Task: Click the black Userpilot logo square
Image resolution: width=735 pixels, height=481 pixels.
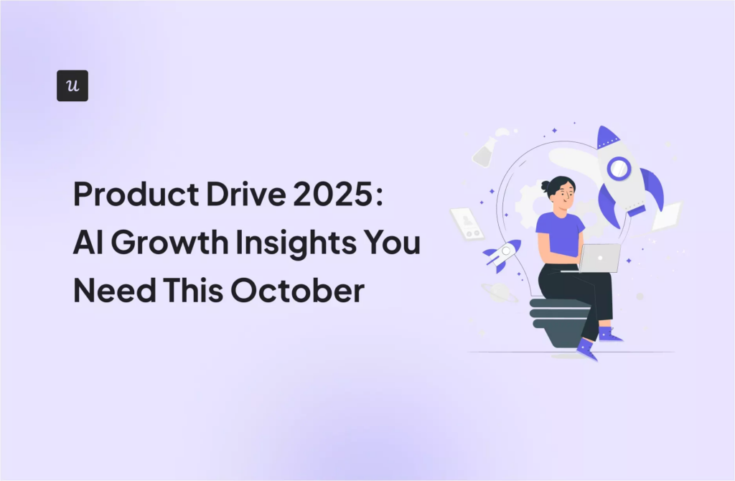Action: coord(72,85)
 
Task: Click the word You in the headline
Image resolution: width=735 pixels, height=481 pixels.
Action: coord(395,245)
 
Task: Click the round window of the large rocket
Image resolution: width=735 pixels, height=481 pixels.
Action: coord(618,169)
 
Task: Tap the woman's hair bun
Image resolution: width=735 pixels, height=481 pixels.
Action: coord(548,186)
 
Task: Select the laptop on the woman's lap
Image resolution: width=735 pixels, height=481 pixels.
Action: coord(599,258)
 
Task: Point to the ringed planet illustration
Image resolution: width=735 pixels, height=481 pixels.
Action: coord(496,291)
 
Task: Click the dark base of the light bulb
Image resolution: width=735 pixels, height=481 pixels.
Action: coord(557,323)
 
